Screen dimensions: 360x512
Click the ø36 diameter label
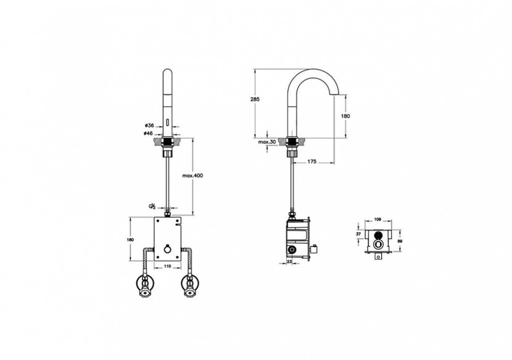click(148, 126)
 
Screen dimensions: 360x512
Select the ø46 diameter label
click(148, 133)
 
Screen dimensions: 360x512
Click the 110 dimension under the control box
click(167, 266)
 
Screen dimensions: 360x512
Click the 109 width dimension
click(379, 219)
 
